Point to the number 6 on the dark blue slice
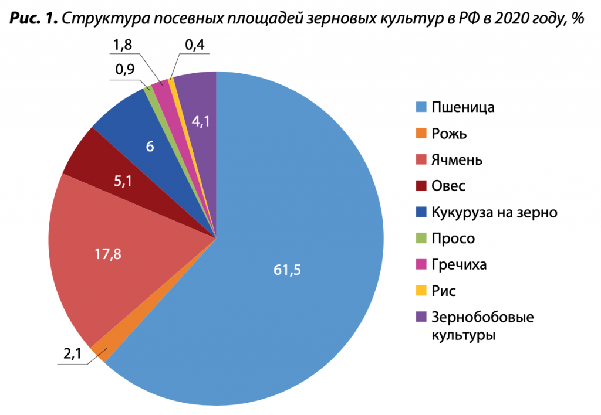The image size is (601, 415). [150, 147]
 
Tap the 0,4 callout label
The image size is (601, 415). [194, 46]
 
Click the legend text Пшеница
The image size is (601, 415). [463, 107]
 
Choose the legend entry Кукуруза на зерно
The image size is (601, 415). [494, 212]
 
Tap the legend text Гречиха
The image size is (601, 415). [459, 264]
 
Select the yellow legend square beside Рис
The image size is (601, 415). [420, 291]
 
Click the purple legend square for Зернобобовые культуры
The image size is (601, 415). [420, 317]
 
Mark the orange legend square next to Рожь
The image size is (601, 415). [420, 134]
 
